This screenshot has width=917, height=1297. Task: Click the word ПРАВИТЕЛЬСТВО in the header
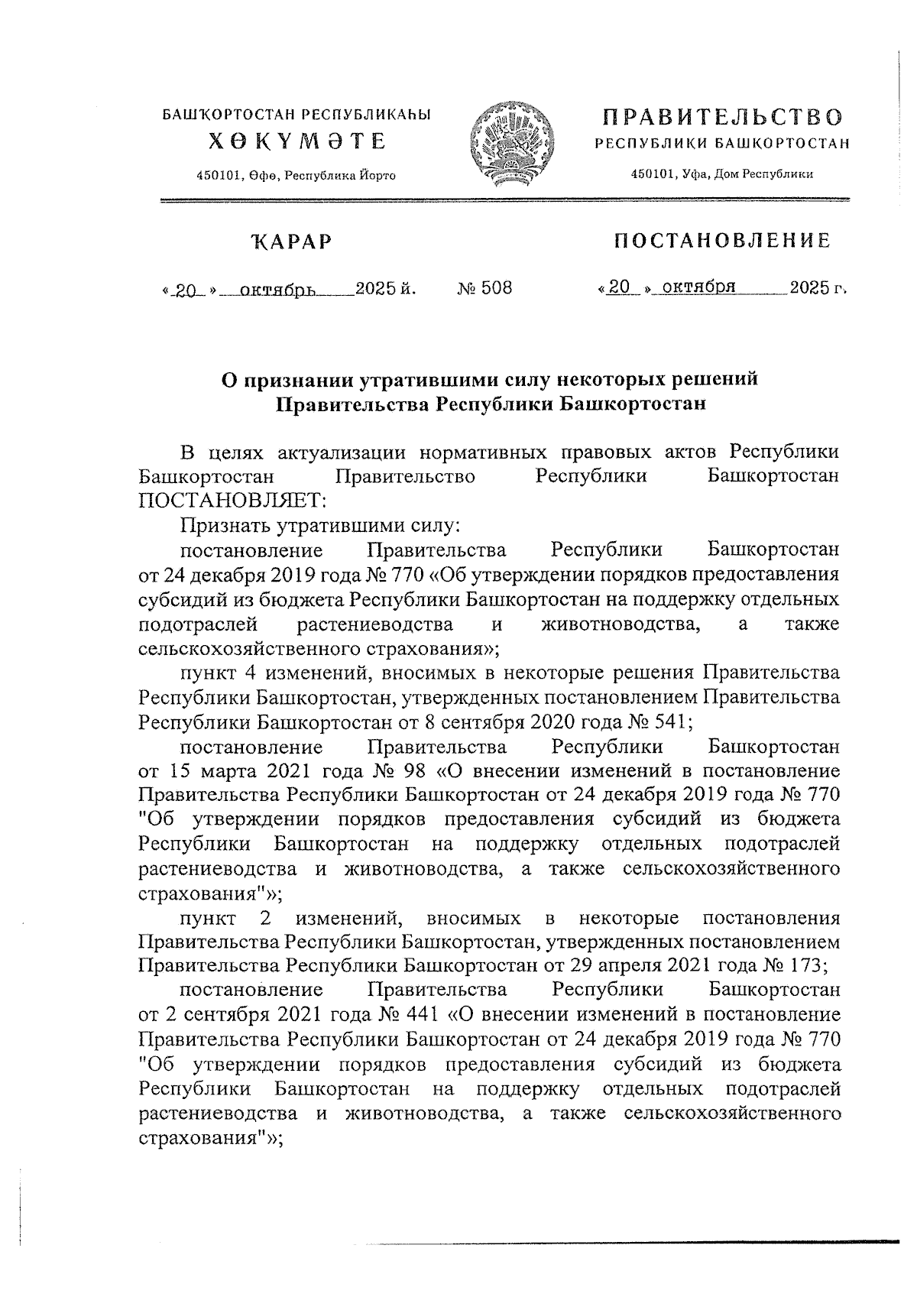[721, 118]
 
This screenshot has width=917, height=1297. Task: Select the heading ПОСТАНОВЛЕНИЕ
[722, 242]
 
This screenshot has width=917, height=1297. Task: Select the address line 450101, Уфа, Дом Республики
[721, 174]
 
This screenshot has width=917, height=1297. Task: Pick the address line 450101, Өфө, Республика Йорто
[296, 176]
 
